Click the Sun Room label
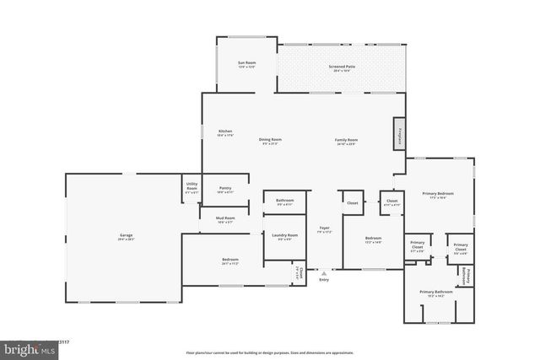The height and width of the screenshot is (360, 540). [x=246, y=64]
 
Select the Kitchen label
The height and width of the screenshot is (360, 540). [x=225, y=132]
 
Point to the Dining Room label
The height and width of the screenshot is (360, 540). [x=270, y=140]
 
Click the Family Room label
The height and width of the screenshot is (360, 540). [x=347, y=140]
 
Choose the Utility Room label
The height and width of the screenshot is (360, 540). [x=192, y=190]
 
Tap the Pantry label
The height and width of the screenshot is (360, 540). [x=225, y=189]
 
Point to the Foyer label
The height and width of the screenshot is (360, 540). [x=323, y=228]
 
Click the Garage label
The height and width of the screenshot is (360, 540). [x=126, y=236]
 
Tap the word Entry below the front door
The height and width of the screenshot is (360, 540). [x=324, y=281]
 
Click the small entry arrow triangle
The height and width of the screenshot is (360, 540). [x=324, y=273]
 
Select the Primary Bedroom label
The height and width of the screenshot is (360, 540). [x=439, y=195]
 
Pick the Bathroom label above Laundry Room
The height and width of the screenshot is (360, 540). [x=284, y=201]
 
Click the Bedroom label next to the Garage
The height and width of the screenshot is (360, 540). [x=230, y=260]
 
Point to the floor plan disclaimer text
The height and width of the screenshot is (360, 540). [x=270, y=352]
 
